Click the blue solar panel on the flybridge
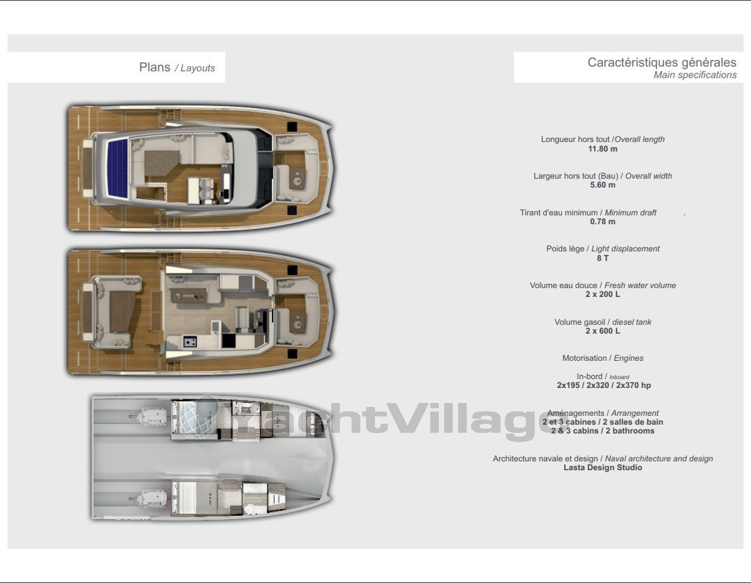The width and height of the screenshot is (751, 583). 118,168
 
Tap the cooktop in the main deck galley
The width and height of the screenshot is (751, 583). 190,341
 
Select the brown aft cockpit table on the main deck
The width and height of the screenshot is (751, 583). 122,312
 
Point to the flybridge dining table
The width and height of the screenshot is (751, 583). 161,163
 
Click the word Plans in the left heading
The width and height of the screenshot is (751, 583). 155,67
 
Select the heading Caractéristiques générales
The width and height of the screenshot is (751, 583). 662,63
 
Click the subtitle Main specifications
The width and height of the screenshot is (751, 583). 695,75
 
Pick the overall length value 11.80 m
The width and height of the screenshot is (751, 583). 603,149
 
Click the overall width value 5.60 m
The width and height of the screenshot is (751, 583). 603,185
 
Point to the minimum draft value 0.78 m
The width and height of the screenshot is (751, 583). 603,222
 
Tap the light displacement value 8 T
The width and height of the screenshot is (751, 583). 603,258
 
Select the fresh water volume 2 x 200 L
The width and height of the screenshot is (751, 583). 603,294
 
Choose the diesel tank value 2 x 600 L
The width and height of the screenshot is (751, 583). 603,331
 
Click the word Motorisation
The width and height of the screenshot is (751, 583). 584,358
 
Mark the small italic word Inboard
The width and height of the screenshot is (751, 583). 619,377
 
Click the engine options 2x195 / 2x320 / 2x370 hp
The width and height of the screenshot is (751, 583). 604,385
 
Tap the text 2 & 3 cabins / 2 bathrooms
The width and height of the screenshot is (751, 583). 603,431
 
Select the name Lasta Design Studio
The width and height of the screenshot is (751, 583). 603,467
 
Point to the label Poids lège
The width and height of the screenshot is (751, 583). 565,249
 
